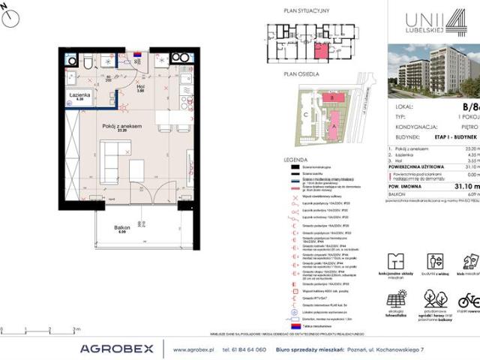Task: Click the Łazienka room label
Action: coord(77,95)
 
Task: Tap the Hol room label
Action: coord(140,86)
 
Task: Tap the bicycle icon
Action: coord(468,301)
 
